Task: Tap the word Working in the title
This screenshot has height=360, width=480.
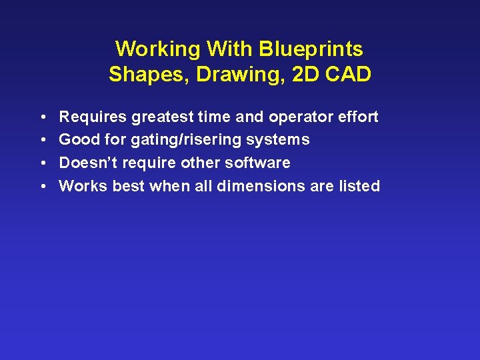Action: tap(158, 49)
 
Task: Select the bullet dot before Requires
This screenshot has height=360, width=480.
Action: tap(43, 117)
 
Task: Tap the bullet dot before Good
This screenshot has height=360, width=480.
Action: tap(43, 140)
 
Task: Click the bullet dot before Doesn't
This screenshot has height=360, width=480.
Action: tap(43, 163)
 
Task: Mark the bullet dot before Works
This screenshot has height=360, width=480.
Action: tap(43, 187)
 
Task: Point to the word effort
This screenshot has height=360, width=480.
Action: tap(359, 117)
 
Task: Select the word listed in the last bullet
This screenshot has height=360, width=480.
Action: tap(359, 187)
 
